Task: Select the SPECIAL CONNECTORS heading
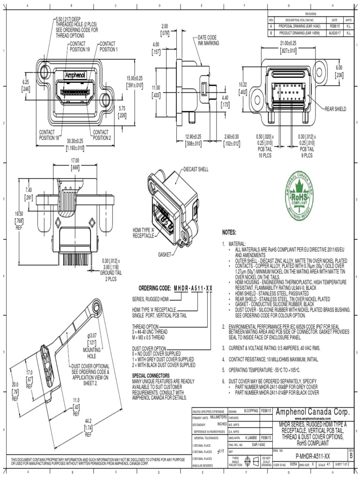tap(151, 375)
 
